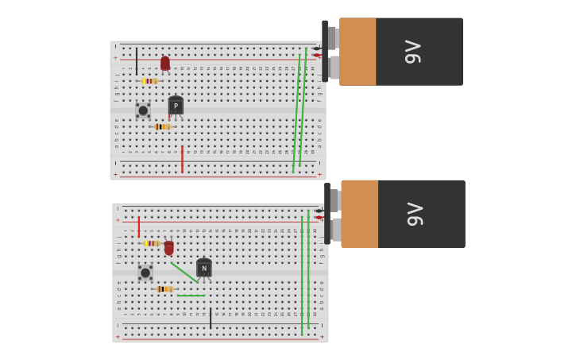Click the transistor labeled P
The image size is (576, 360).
tap(176, 106)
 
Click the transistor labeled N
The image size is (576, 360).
tap(204, 269)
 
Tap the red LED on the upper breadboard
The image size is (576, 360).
tap(165, 64)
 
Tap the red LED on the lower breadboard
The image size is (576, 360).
tap(169, 248)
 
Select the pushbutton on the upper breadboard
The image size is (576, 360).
tap(143, 110)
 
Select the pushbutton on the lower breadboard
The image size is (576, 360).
tap(145, 273)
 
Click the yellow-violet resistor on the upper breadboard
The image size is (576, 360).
tap(149, 81)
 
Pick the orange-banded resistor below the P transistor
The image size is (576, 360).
tap(162, 126)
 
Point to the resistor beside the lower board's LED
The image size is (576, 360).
tap(152, 243)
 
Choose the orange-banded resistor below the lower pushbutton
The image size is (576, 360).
tap(164, 289)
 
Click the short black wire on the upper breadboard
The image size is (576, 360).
tap(137, 61)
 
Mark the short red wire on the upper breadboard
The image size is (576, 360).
tap(182, 158)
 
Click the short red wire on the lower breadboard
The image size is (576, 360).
tap(138, 226)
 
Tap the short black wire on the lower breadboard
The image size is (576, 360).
tap(211, 319)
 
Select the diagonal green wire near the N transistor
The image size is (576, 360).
tap(184, 273)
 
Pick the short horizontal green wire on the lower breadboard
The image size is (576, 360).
tap(191, 296)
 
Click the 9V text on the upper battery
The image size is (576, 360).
tap(413, 52)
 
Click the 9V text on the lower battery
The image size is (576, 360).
tap(416, 214)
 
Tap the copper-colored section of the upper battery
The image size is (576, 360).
tap(358, 52)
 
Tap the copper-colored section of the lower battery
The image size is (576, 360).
tap(360, 214)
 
